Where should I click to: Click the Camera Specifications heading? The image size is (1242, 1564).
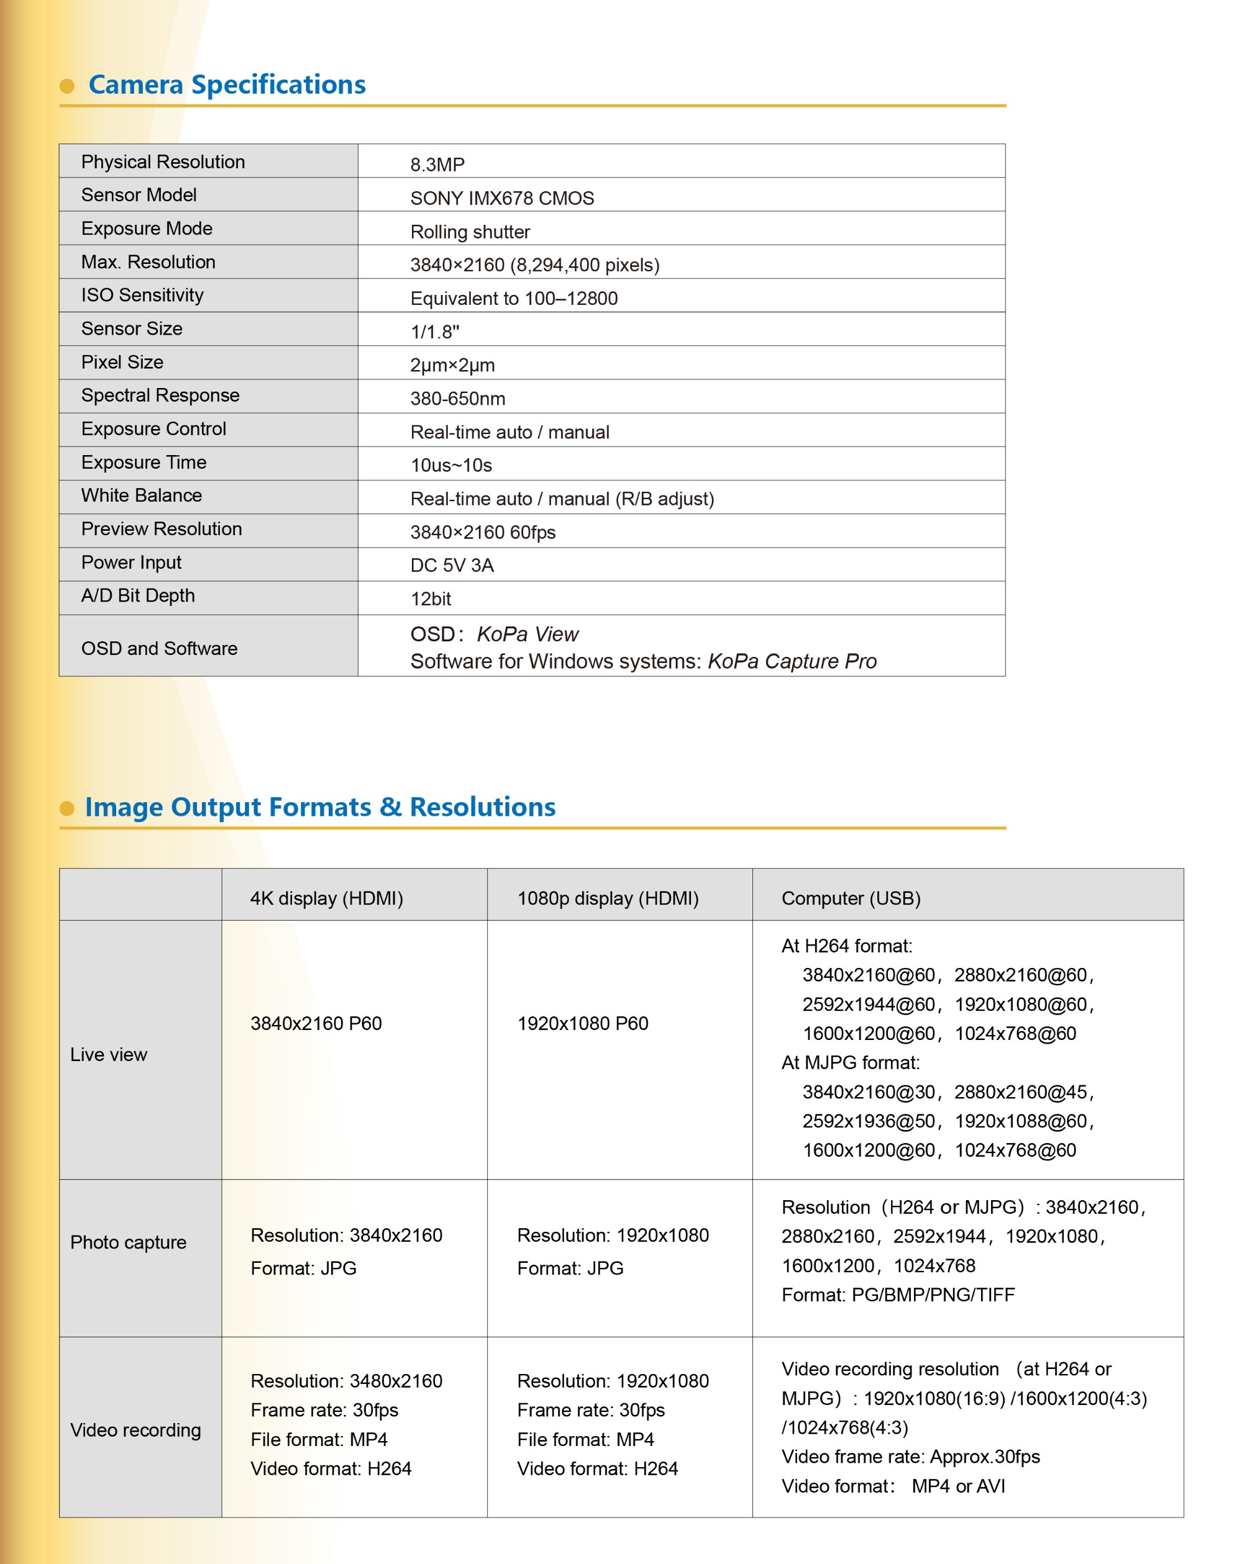[x=227, y=85]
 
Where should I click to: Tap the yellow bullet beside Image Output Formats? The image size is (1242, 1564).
[x=66, y=808]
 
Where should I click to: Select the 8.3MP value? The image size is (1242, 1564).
[x=437, y=165]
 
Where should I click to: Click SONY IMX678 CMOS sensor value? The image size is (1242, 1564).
[x=501, y=198]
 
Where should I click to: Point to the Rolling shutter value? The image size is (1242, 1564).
[x=470, y=232]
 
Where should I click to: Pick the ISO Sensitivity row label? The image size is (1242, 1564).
[x=142, y=296]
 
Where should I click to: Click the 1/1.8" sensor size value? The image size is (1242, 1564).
[x=434, y=332]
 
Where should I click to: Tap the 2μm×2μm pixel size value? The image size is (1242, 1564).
[x=452, y=365]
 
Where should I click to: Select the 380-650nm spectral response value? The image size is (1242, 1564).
[x=457, y=398]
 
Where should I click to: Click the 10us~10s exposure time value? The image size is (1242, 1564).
[x=451, y=465]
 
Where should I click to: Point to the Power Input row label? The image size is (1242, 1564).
[x=131, y=562]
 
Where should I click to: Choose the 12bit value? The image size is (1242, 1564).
[x=431, y=599]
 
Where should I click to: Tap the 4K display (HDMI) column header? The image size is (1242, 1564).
[x=327, y=898]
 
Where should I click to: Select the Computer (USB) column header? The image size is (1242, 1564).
[x=851, y=898]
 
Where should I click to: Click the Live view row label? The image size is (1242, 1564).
[x=109, y=1054]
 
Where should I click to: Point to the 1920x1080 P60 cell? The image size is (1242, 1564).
[x=582, y=1023]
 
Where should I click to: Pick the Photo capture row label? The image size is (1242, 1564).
[x=129, y=1242]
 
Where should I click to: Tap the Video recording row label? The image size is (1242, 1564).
[x=135, y=1430]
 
